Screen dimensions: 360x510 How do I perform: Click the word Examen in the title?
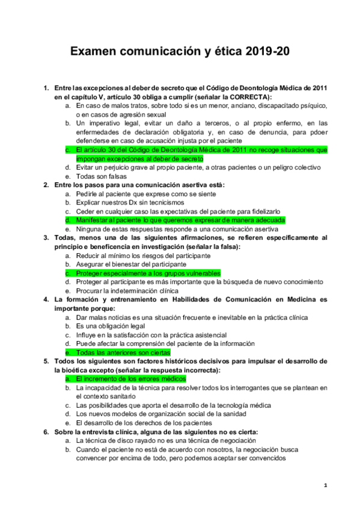click(x=97, y=52)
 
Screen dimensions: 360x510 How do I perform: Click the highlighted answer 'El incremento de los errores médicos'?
click(x=130, y=379)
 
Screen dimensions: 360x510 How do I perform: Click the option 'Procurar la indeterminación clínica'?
click(x=132, y=290)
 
